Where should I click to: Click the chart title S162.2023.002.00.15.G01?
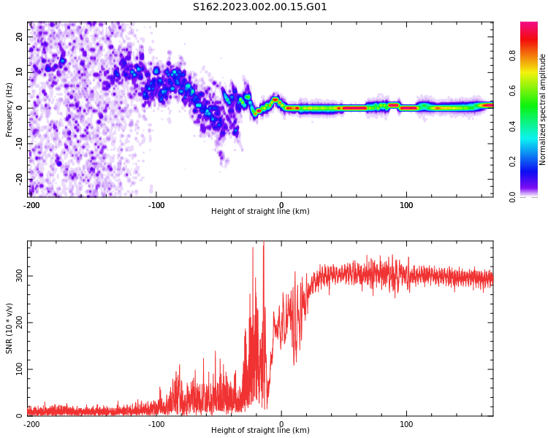click(x=259, y=7)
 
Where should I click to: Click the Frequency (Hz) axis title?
click(x=9, y=109)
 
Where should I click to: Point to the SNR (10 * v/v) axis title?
click(x=9, y=328)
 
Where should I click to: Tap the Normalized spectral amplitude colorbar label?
click(x=543, y=109)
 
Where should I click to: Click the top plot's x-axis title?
click(x=260, y=212)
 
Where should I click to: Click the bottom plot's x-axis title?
click(x=260, y=431)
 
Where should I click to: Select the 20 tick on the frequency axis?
click(x=20, y=37)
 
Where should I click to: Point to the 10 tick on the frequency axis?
click(x=20, y=72)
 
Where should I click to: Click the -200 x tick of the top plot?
click(x=31, y=205)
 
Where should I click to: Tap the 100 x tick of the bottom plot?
click(x=406, y=424)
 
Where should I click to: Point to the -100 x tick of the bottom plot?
click(x=156, y=424)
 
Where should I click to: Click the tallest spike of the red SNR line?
click(x=264, y=244)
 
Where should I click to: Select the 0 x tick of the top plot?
click(x=281, y=205)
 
